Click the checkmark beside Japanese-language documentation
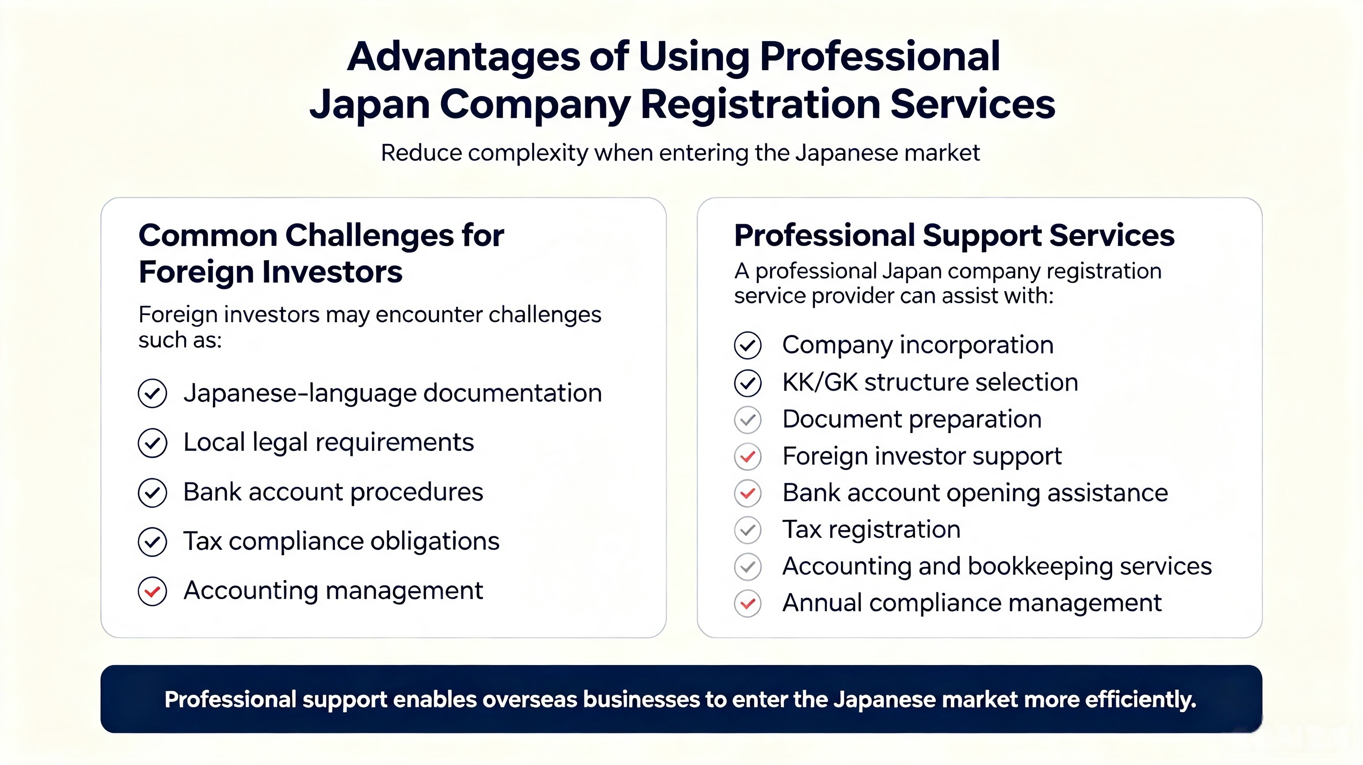tap(152, 393)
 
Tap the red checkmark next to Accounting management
tap(152, 591)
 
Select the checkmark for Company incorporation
tap(748, 345)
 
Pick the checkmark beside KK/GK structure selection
tap(748, 383)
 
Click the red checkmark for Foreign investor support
tap(748, 456)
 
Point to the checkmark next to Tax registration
tap(748, 530)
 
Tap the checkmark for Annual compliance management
tap(748, 603)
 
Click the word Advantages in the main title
tap(463, 57)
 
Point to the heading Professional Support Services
tap(954, 235)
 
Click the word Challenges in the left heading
tap(369, 235)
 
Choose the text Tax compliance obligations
tap(341, 541)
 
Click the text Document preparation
tap(912, 419)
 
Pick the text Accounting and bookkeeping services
tap(997, 566)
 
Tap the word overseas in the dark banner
tap(528, 699)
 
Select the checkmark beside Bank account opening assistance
tap(748, 493)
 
